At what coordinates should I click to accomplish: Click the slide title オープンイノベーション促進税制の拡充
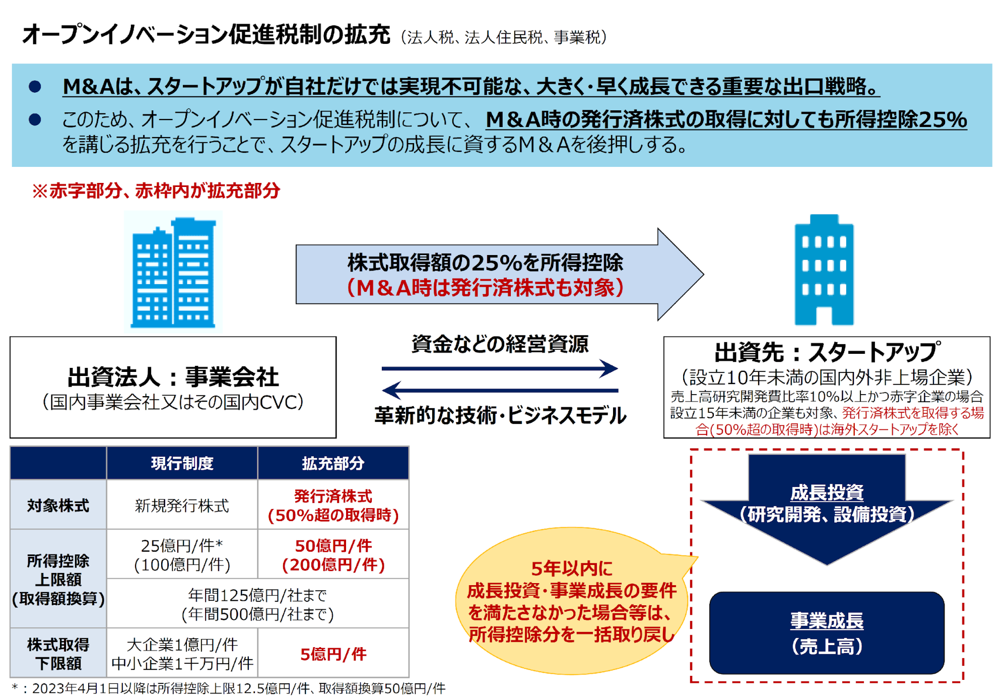(x=206, y=35)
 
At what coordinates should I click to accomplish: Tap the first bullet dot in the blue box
(x=35, y=87)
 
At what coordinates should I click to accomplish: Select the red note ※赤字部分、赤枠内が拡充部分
(x=156, y=191)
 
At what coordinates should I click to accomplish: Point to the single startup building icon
(x=824, y=270)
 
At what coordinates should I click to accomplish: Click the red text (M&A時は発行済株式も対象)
(x=486, y=288)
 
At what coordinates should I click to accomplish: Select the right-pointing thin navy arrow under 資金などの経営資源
(x=500, y=368)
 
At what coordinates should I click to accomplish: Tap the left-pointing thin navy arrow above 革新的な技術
(x=500, y=390)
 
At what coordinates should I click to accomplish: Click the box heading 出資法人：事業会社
(x=173, y=377)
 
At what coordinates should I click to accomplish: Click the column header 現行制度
(x=182, y=463)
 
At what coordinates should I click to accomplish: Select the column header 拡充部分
(x=333, y=463)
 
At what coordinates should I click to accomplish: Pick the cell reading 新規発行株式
(x=182, y=505)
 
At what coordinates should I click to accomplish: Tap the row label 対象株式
(x=58, y=505)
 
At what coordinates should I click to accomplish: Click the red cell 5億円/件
(x=333, y=654)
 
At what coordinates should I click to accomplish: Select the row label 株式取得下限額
(x=58, y=654)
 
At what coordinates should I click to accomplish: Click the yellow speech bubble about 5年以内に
(x=571, y=601)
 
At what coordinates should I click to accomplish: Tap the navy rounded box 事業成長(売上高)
(x=827, y=633)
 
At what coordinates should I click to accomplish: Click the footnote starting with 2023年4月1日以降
(x=229, y=688)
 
